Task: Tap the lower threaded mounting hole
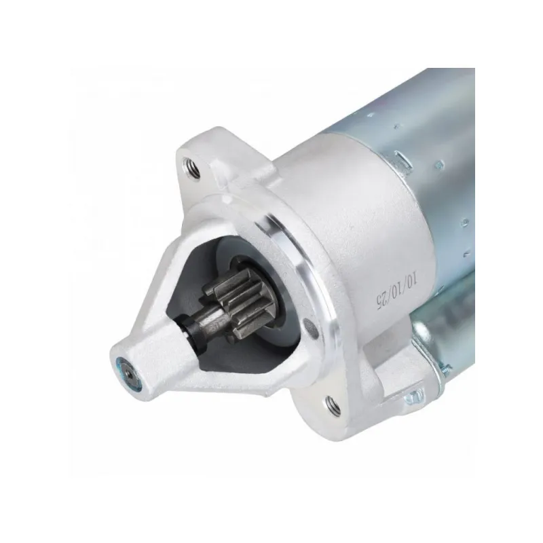point(333,403)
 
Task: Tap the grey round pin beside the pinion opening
point(311,329)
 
